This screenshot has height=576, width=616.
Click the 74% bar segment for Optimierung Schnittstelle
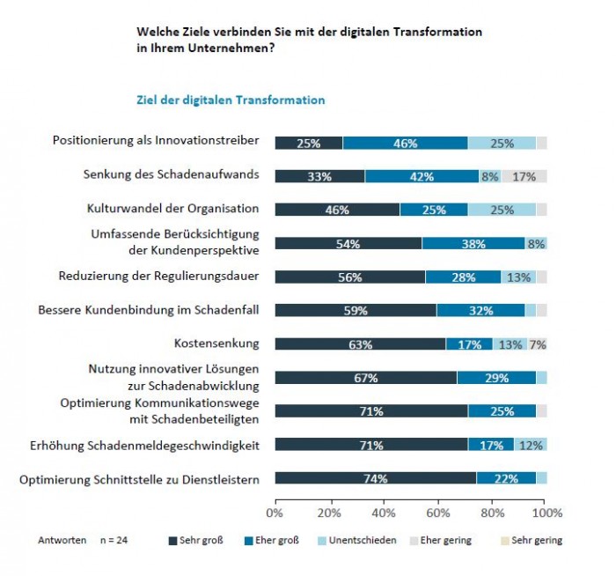[376, 477]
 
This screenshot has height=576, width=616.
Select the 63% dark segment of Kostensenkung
[360, 344]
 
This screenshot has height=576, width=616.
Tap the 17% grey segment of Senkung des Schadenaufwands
[524, 176]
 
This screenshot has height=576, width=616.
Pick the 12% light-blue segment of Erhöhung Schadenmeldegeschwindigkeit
[531, 445]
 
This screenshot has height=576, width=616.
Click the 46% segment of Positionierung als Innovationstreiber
[405, 143]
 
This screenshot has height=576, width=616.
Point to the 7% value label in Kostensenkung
[538, 344]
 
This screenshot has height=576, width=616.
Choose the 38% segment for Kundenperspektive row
[473, 243]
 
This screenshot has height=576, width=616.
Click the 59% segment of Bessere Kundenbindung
[356, 310]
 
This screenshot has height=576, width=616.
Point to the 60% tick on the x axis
[438, 513]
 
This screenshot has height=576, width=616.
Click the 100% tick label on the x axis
[546, 513]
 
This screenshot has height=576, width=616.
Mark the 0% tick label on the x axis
[275, 513]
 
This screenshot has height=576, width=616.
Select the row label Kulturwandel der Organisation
[172, 209]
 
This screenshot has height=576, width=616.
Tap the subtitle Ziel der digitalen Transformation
[231, 100]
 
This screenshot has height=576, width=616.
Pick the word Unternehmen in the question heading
[229, 48]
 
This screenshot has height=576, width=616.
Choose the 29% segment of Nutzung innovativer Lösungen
[496, 378]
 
